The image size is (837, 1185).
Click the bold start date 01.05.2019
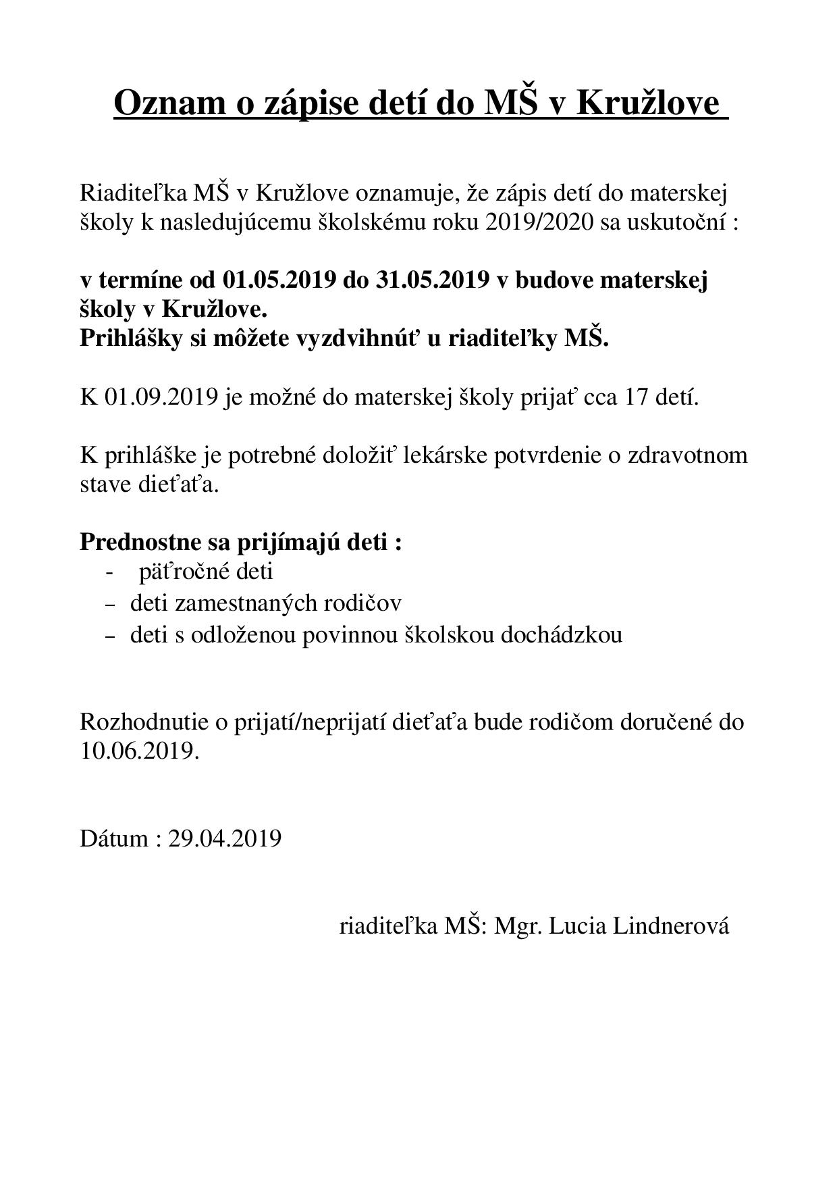pos(279,280)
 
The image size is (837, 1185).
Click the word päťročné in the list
pos(182,572)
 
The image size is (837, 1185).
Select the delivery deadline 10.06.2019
pos(140,751)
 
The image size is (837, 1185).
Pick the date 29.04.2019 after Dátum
pos(225,838)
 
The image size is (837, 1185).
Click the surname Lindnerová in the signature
pos(670,926)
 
